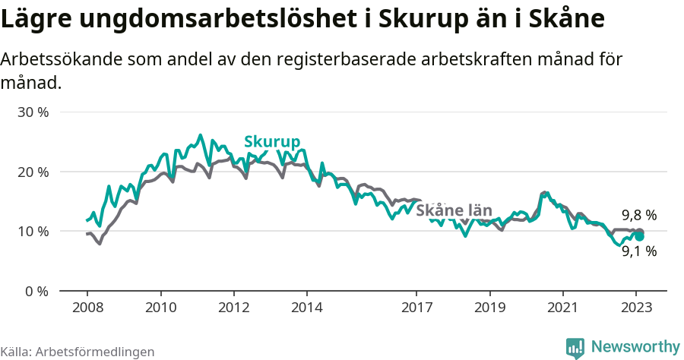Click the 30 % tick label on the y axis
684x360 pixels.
click(x=33, y=112)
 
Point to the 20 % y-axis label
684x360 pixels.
click(x=33, y=172)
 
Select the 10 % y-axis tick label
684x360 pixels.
click(x=33, y=231)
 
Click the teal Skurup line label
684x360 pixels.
click(x=272, y=142)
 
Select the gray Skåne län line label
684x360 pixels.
click(x=455, y=210)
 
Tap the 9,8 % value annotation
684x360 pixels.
click(x=638, y=216)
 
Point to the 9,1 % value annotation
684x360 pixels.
click(x=638, y=251)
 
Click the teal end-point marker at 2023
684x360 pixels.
click(x=640, y=236)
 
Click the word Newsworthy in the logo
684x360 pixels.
click(x=635, y=347)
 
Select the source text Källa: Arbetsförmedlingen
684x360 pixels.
click(x=78, y=352)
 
